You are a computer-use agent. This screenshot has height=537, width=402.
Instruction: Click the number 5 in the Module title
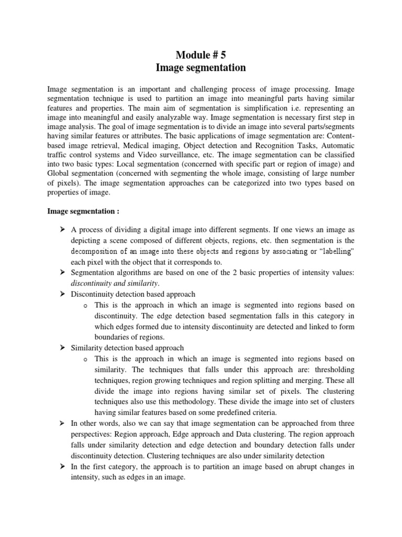coord(226,53)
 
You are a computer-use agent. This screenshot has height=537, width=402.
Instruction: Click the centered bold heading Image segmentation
coord(201,68)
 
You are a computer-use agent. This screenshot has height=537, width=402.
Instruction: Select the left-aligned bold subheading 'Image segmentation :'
coord(83,211)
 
